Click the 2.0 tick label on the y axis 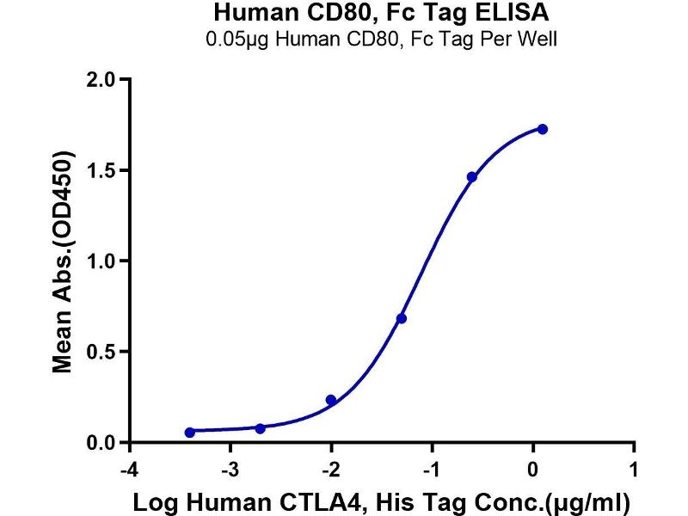(x=102, y=80)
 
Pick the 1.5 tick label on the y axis (x=102, y=170)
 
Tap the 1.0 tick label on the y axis (x=102, y=261)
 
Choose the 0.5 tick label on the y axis (x=102, y=352)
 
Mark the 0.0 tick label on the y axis (x=102, y=443)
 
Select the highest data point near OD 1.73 (x=543, y=129)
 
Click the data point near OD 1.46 (x=471, y=176)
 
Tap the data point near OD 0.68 (x=401, y=318)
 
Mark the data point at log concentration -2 (x=331, y=400)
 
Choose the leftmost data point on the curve (x=190, y=433)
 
